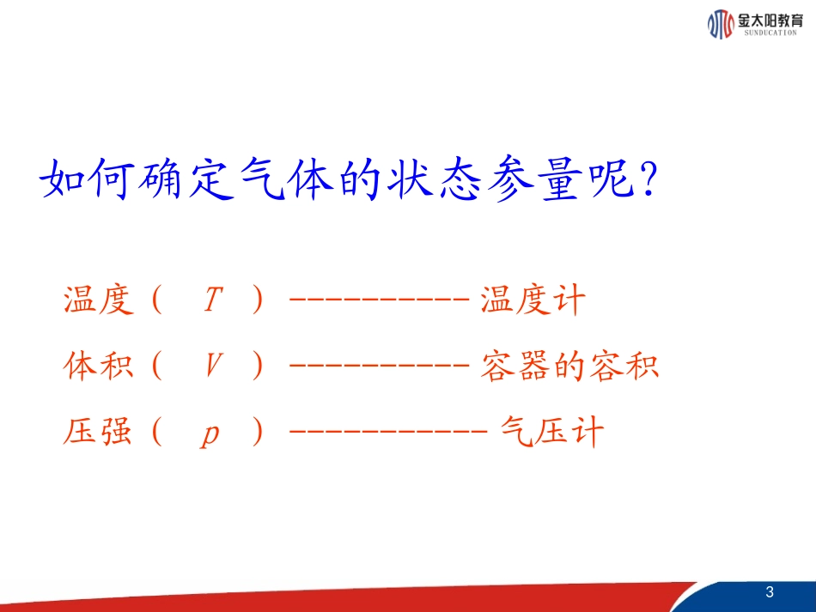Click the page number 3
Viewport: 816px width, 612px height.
point(770,592)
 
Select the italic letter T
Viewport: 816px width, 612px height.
point(212,300)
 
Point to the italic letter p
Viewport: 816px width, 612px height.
point(210,434)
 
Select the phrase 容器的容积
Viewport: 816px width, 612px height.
point(569,367)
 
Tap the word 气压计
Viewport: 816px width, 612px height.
point(552,433)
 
